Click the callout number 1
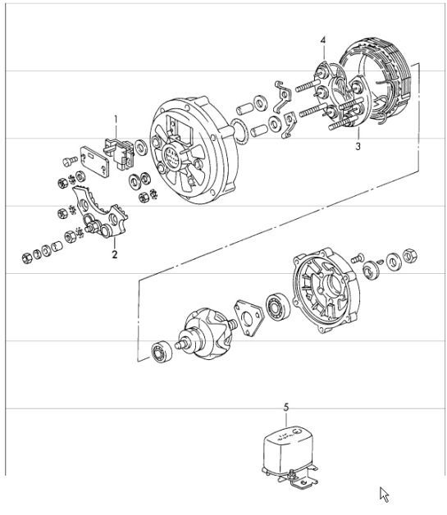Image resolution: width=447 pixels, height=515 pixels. [116, 119]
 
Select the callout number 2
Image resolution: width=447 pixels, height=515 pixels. [115, 254]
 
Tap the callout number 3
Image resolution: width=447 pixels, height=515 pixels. [358, 147]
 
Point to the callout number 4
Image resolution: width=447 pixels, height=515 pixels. [322, 39]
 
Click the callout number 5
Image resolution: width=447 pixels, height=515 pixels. [285, 407]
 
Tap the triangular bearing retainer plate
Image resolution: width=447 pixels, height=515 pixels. [249, 315]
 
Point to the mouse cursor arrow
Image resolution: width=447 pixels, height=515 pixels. [384, 493]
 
